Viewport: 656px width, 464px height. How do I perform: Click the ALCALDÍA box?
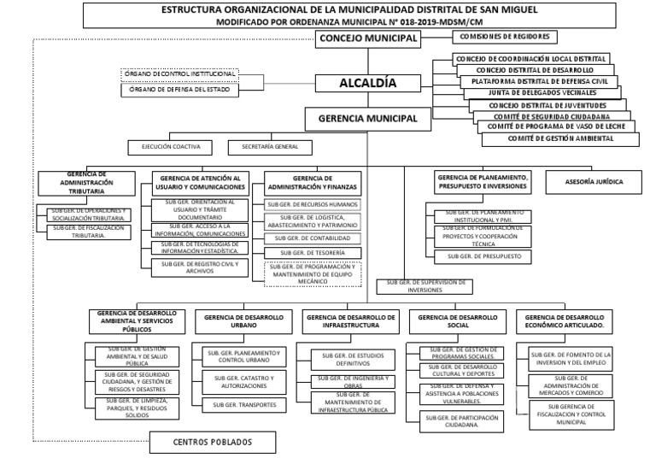click(x=368, y=83)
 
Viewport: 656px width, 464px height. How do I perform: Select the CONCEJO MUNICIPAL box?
click(x=368, y=38)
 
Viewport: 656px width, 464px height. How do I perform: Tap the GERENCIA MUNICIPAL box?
click(x=368, y=118)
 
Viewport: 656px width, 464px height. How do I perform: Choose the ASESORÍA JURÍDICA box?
click(x=594, y=182)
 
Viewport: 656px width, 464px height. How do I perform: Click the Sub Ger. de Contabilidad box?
click(x=313, y=238)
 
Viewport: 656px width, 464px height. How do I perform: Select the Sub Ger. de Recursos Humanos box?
click(x=313, y=205)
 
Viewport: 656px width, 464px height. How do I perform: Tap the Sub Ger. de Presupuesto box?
click(x=483, y=256)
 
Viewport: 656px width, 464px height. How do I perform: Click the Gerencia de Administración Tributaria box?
click(x=85, y=182)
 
